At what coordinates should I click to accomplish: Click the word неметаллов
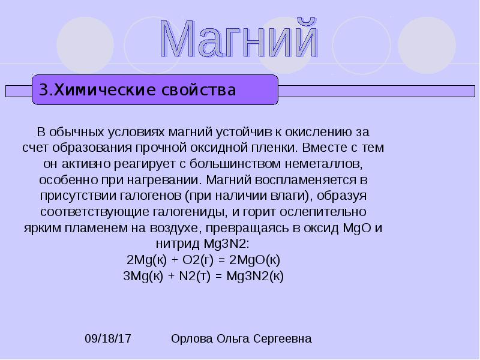329,163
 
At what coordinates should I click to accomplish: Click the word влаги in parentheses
285,196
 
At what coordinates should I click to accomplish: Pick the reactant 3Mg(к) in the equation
145,277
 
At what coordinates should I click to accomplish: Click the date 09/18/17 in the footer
108,339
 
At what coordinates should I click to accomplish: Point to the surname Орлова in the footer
192,339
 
